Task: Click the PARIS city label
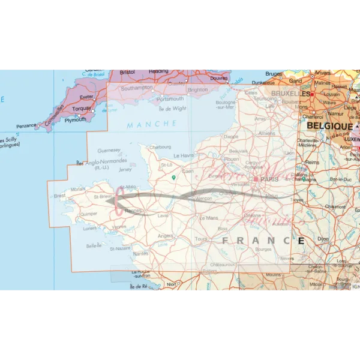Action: [x=269, y=179]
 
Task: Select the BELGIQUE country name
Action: [x=330, y=127]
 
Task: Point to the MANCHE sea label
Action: [x=152, y=124]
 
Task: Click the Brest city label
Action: [x=59, y=196]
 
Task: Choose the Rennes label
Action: [x=133, y=211]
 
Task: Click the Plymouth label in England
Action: [x=76, y=119]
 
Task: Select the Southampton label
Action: [x=137, y=88]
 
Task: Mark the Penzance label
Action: [x=26, y=126]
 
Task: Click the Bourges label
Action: [x=263, y=248]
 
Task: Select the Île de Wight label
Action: [x=173, y=109]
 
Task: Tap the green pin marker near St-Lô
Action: [x=174, y=177]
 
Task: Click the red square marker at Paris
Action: [x=256, y=179]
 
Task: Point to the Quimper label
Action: [x=88, y=213]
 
